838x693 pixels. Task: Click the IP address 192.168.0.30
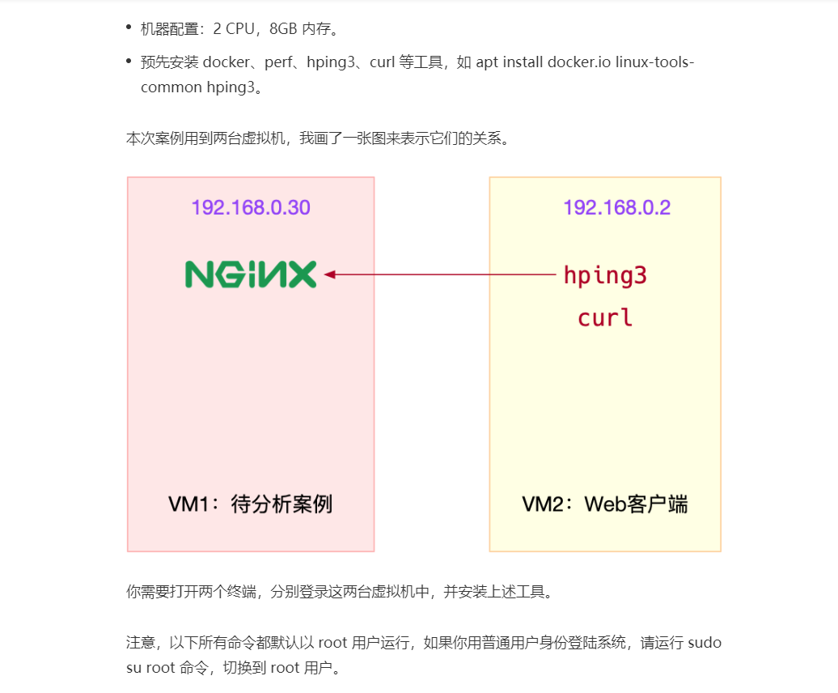click(x=251, y=208)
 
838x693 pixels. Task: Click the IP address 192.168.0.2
click(x=616, y=208)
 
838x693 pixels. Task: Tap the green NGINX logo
click(x=251, y=275)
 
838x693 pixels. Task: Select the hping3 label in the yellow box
click(x=605, y=276)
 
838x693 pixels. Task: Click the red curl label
click(x=605, y=317)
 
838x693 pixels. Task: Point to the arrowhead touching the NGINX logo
click(x=330, y=275)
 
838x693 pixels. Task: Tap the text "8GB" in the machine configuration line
click(x=284, y=29)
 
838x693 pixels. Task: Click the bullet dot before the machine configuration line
click(x=129, y=28)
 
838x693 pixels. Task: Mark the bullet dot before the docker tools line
click(x=129, y=61)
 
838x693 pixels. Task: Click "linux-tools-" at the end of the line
click(x=654, y=62)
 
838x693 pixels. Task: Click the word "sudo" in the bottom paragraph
click(x=704, y=644)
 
